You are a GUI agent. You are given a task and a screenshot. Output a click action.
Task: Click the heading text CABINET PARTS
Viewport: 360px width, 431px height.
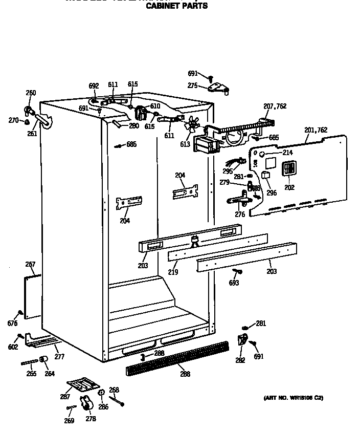click(177, 6)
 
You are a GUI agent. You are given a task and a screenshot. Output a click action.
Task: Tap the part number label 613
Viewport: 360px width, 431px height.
click(185, 144)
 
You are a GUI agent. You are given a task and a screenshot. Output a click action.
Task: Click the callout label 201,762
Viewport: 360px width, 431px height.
click(316, 130)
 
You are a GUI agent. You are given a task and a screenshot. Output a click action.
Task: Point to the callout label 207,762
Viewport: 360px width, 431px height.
click(275, 106)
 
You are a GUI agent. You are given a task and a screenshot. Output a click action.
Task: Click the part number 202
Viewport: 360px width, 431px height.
click(289, 187)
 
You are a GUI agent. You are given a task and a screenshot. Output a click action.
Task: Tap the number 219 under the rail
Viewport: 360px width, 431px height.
click(173, 272)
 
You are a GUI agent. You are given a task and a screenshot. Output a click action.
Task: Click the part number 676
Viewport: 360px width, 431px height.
click(12, 324)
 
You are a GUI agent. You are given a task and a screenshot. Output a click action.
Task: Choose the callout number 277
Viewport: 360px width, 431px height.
click(59, 357)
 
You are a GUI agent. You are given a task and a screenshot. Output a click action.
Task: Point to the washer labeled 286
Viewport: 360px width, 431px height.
click(101, 393)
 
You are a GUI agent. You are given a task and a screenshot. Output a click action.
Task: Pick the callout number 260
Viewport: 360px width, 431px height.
click(31, 93)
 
